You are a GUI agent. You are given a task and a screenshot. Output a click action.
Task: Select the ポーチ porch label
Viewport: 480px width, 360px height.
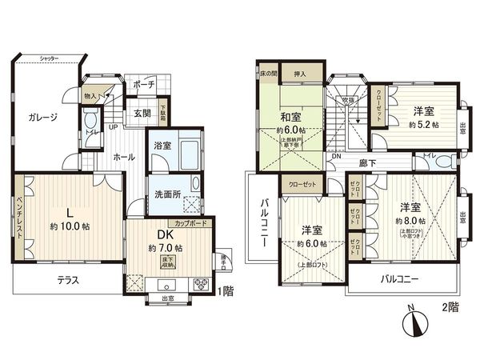coord(145,84)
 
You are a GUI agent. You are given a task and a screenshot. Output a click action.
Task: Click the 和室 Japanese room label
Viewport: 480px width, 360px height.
coord(290,118)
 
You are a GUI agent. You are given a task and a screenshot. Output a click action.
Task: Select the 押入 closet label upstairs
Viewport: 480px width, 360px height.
coord(294,70)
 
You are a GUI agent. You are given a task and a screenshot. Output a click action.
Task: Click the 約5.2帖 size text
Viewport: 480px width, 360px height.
coord(423,125)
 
